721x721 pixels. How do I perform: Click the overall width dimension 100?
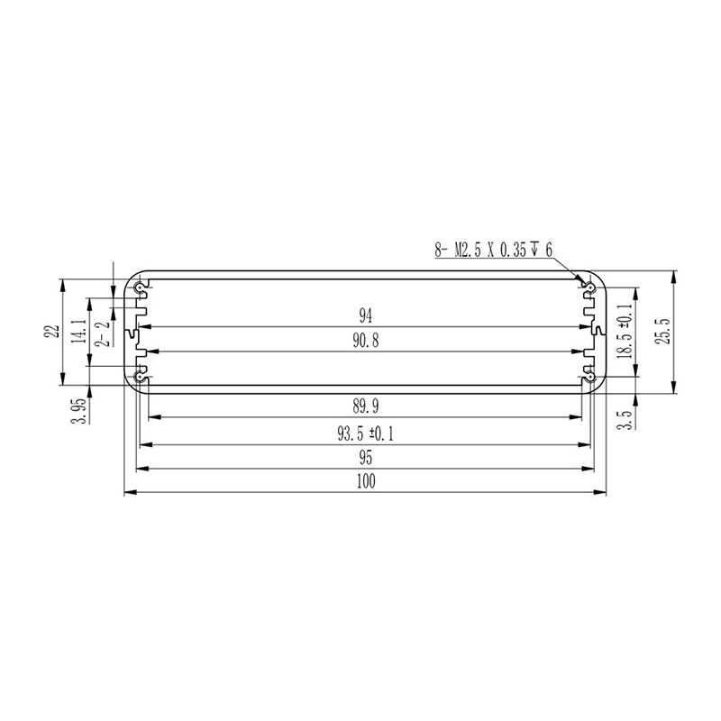coord(366,481)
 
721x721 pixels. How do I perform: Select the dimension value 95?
coord(366,458)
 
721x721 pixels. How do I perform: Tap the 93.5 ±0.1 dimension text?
coord(366,434)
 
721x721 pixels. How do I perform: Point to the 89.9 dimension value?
coord(366,406)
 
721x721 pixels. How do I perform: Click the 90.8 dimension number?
coord(366,341)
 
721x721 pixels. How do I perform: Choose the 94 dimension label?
coord(366,316)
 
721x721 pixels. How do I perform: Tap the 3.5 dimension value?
coord(625,419)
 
